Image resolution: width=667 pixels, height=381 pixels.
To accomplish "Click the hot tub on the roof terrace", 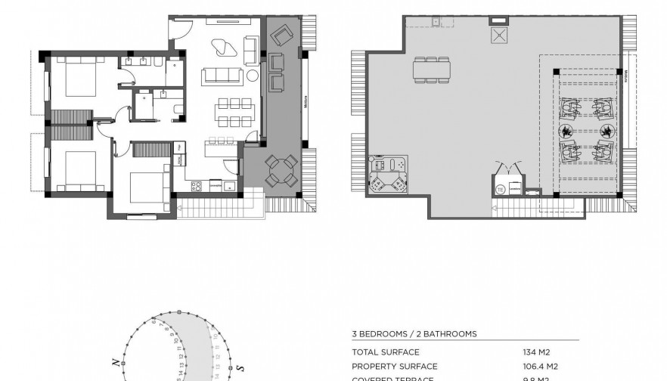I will [x=386, y=175].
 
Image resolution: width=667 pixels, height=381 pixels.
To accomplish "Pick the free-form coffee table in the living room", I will [x=225, y=47].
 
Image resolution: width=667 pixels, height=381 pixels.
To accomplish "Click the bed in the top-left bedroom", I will [x=79, y=79].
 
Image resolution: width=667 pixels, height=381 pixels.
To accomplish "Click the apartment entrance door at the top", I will [x=178, y=29].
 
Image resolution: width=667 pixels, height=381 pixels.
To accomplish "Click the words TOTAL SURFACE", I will [x=385, y=352].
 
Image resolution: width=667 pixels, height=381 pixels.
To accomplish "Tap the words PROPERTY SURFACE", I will [x=395, y=367].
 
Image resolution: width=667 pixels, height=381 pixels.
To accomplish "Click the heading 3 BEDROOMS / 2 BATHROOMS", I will [x=414, y=333].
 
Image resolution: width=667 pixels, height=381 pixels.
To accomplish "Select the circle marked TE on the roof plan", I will [x=500, y=190].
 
